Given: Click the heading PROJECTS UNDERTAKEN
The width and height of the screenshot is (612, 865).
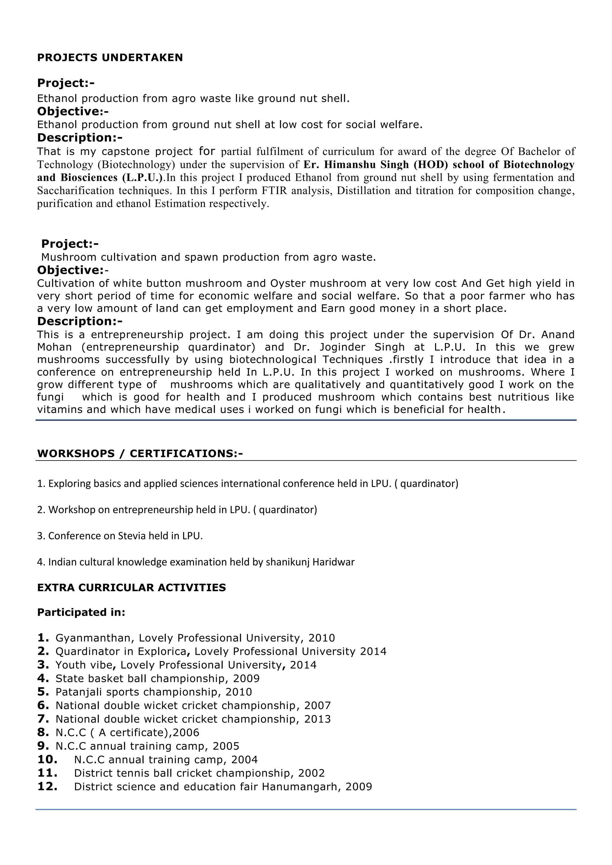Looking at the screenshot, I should pos(110,58).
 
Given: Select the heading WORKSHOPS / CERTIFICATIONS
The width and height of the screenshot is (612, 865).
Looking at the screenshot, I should pos(140,454).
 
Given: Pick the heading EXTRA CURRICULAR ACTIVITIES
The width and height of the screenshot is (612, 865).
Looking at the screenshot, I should pos(131,588).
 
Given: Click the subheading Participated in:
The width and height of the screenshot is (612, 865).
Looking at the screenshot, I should pos(81,613).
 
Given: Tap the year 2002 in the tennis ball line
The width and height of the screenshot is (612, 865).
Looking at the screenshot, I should pos(311,773).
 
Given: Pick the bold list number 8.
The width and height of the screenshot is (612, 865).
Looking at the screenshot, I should pos(43,732).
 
